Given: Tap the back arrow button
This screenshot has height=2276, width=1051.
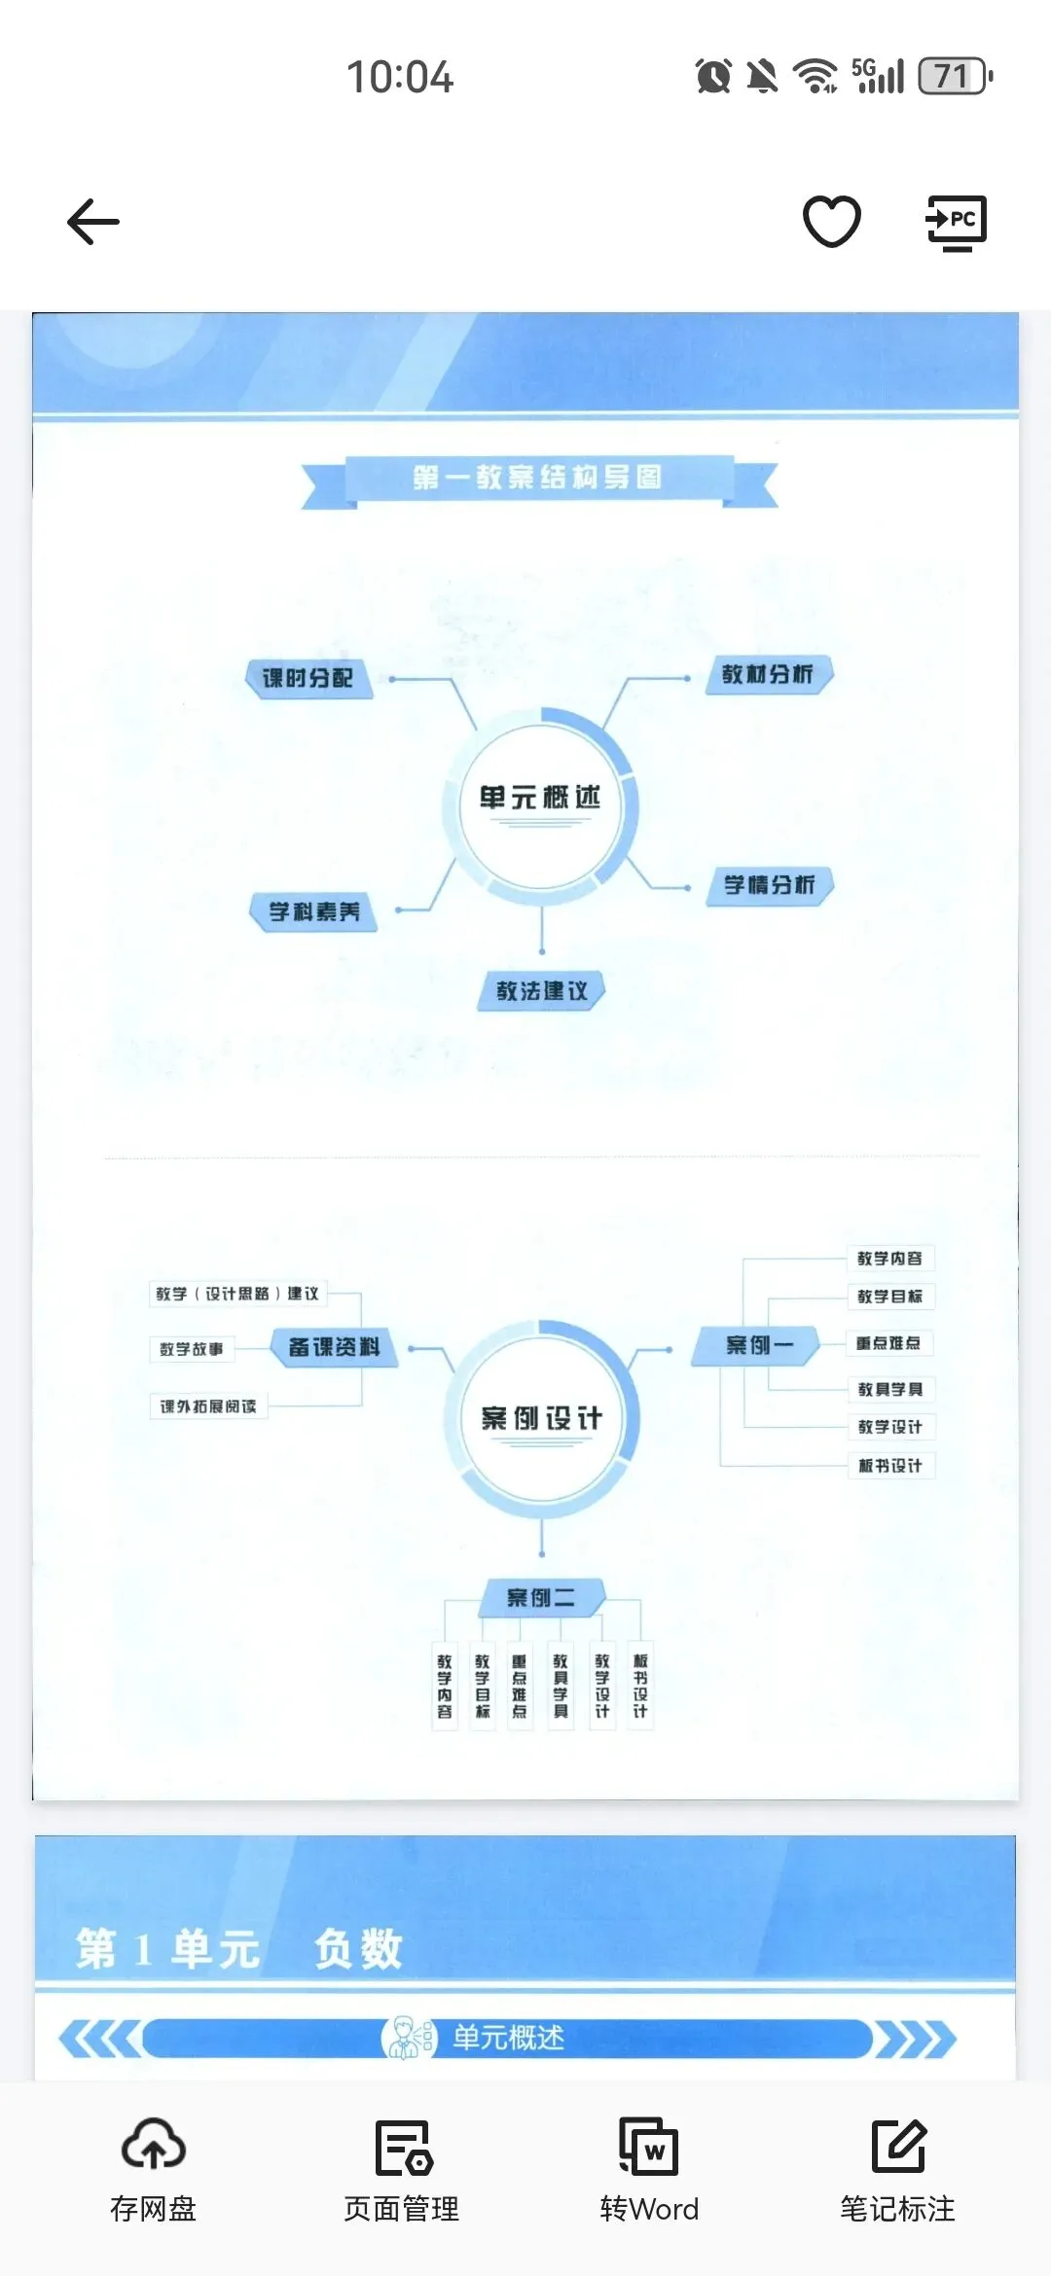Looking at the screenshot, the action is pyautogui.click(x=93, y=222).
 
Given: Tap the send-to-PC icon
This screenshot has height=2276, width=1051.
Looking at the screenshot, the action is pyautogui.click(x=956, y=223).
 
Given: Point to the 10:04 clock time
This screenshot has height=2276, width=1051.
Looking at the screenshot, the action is pyautogui.click(x=400, y=77).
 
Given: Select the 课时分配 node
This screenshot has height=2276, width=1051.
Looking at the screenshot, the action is pyautogui.click(x=308, y=678).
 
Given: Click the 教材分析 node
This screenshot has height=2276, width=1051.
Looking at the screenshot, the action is pyautogui.click(x=768, y=674).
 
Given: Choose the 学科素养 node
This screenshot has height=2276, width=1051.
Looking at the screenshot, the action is pyautogui.click(x=314, y=912).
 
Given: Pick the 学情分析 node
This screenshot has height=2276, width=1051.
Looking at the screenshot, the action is pyautogui.click(x=770, y=885).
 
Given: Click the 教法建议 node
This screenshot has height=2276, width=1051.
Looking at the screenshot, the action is pyautogui.click(x=542, y=991).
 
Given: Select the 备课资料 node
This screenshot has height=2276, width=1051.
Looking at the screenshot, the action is pyautogui.click(x=334, y=1347).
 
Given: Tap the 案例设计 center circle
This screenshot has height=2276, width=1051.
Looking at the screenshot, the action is pyautogui.click(x=541, y=1418).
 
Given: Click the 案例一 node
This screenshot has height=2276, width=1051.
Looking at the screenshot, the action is pyautogui.click(x=758, y=1345).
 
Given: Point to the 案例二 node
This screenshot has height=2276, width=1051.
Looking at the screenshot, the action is pyautogui.click(x=541, y=1597).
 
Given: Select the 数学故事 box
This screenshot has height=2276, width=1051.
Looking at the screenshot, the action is pyautogui.click(x=192, y=1349).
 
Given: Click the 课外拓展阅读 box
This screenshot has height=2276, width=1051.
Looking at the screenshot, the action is pyautogui.click(x=208, y=1406).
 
